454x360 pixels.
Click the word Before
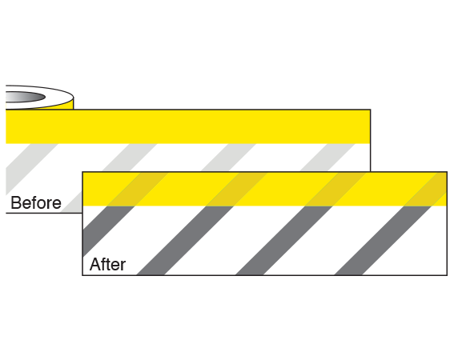click(36, 202)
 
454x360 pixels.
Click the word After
click(108, 264)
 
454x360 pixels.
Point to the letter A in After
click(95, 264)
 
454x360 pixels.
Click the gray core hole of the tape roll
click(25, 97)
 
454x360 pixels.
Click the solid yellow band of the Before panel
click(188, 126)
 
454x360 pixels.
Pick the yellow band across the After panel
click(265, 189)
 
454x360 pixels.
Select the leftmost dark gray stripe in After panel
click(109, 231)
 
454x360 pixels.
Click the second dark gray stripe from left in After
click(185, 240)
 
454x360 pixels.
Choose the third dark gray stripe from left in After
click(283, 240)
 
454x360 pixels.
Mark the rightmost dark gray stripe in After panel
click(383, 240)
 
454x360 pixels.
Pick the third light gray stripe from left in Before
click(229, 157)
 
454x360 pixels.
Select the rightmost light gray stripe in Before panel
click(327, 157)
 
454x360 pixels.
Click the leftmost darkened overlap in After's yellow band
click(138, 189)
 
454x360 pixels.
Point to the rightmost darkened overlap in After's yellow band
click(428, 189)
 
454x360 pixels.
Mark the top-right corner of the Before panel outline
click(370, 110)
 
